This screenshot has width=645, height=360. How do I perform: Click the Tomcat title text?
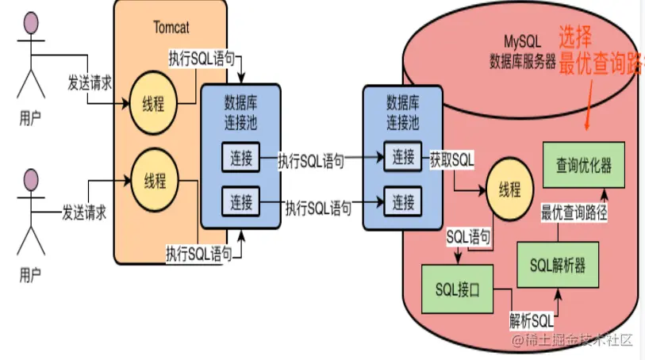click(170, 26)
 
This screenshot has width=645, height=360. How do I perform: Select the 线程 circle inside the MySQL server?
click(509, 189)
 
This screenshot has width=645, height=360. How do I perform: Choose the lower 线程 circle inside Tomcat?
click(154, 181)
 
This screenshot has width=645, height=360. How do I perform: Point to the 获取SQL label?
click(451, 158)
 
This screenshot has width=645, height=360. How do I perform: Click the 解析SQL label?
click(530, 322)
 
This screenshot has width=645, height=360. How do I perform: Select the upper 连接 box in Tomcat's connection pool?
click(241, 159)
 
